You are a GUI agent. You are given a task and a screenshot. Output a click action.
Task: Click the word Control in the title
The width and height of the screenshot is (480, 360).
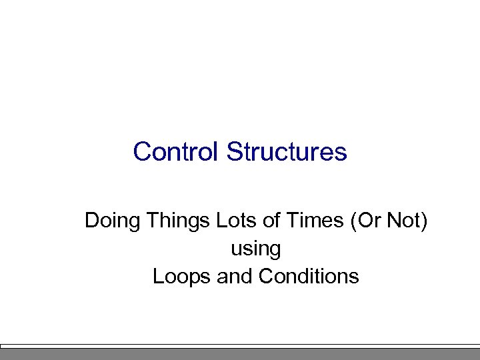click(177, 151)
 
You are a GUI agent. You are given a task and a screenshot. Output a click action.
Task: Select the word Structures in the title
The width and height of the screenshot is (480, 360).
click(287, 151)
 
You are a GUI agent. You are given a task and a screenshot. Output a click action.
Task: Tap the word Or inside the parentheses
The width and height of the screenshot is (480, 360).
click(365, 220)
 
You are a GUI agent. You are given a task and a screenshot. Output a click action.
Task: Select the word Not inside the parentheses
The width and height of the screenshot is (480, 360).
click(402, 220)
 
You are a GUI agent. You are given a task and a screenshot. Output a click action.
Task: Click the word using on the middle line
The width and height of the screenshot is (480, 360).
click(255, 249)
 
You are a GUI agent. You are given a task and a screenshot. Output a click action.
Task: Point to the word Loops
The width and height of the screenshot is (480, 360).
click(182, 276)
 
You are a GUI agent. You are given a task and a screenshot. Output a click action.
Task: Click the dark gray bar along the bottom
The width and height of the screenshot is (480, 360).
click(240, 354)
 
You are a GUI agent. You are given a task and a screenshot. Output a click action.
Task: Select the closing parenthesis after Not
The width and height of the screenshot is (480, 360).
click(423, 221)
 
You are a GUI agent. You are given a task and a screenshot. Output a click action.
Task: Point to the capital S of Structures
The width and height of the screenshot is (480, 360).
click(233, 151)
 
